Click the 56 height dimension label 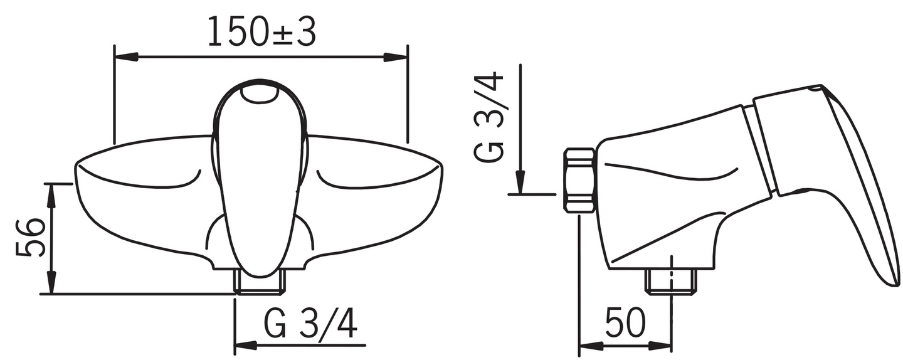click(29, 238)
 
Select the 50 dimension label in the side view click(625, 322)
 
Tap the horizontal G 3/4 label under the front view click(310, 324)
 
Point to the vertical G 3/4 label click(489, 117)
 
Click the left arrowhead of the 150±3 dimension click(127, 57)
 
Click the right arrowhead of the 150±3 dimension click(396, 57)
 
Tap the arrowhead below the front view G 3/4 click(246, 345)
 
